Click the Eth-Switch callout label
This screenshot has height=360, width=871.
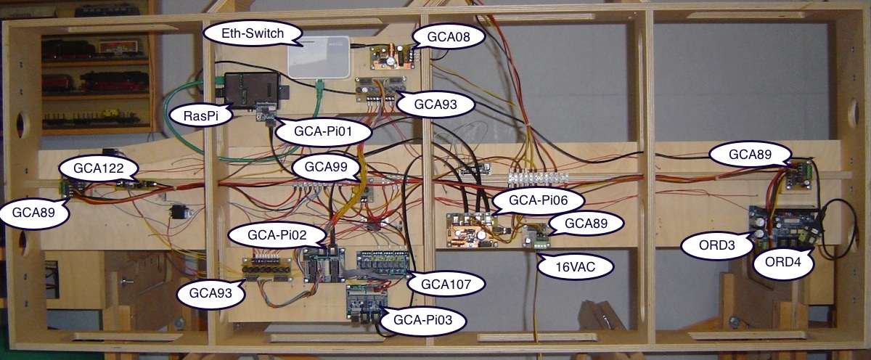click(x=242, y=33)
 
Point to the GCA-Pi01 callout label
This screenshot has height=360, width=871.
click(x=323, y=133)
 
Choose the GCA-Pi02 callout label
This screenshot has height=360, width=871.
click(x=266, y=234)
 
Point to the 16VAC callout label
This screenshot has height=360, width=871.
click(x=574, y=266)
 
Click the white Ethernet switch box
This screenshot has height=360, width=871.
click(x=319, y=57)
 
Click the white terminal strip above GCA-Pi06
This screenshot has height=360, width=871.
click(x=536, y=177)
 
